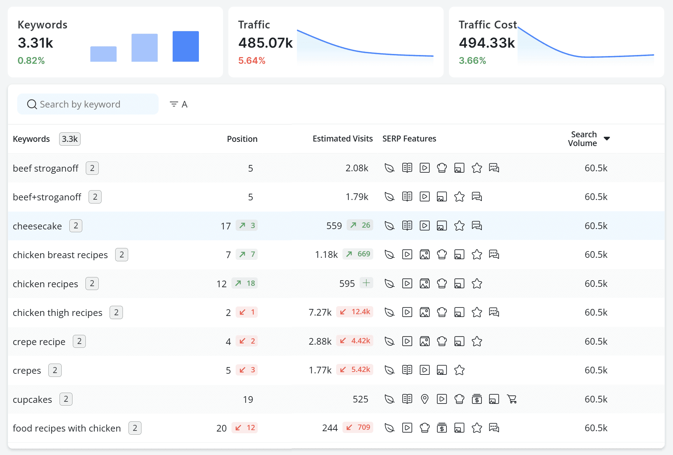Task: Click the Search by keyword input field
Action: (88, 104)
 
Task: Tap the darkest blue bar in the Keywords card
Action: (186, 46)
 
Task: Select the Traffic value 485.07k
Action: (265, 43)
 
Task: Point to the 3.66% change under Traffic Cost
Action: (472, 61)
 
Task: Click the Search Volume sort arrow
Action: (607, 139)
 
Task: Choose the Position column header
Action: (242, 139)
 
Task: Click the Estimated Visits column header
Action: (342, 139)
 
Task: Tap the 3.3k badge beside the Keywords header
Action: (70, 139)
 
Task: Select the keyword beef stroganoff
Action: (46, 168)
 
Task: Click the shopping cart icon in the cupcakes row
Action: (512, 399)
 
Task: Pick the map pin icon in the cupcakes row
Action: (424, 399)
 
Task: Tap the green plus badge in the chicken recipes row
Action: (366, 283)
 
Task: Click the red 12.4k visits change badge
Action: (355, 312)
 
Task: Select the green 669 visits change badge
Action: (358, 254)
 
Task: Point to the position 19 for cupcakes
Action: (248, 399)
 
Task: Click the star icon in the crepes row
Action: (459, 370)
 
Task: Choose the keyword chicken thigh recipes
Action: (58, 313)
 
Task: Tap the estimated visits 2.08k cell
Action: (357, 168)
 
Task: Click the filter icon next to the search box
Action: (174, 104)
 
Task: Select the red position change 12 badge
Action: (245, 427)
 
